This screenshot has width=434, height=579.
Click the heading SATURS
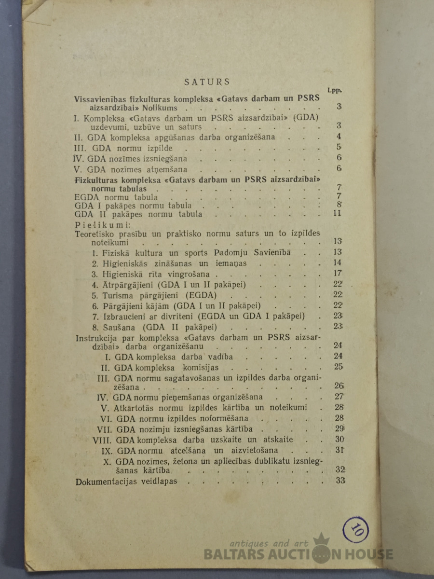coord(207,82)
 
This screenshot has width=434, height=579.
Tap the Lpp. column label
coord(333,90)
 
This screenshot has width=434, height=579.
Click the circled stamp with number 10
coord(355,530)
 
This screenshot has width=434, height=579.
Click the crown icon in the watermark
coord(321,539)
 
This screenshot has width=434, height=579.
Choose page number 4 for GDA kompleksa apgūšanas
coord(339,136)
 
